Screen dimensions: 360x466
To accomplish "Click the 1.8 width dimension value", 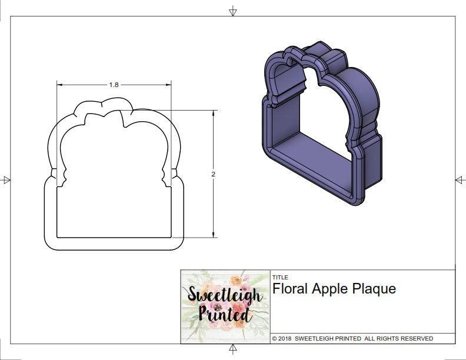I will tap(114, 85).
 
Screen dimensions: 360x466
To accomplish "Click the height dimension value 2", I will tap(213, 174).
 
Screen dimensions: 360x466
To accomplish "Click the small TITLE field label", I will tap(279, 276).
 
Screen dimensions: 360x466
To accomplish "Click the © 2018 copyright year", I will tap(282, 339).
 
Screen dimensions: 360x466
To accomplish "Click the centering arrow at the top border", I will tap(233, 11).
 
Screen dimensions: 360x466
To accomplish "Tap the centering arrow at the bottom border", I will tap(233, 349).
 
